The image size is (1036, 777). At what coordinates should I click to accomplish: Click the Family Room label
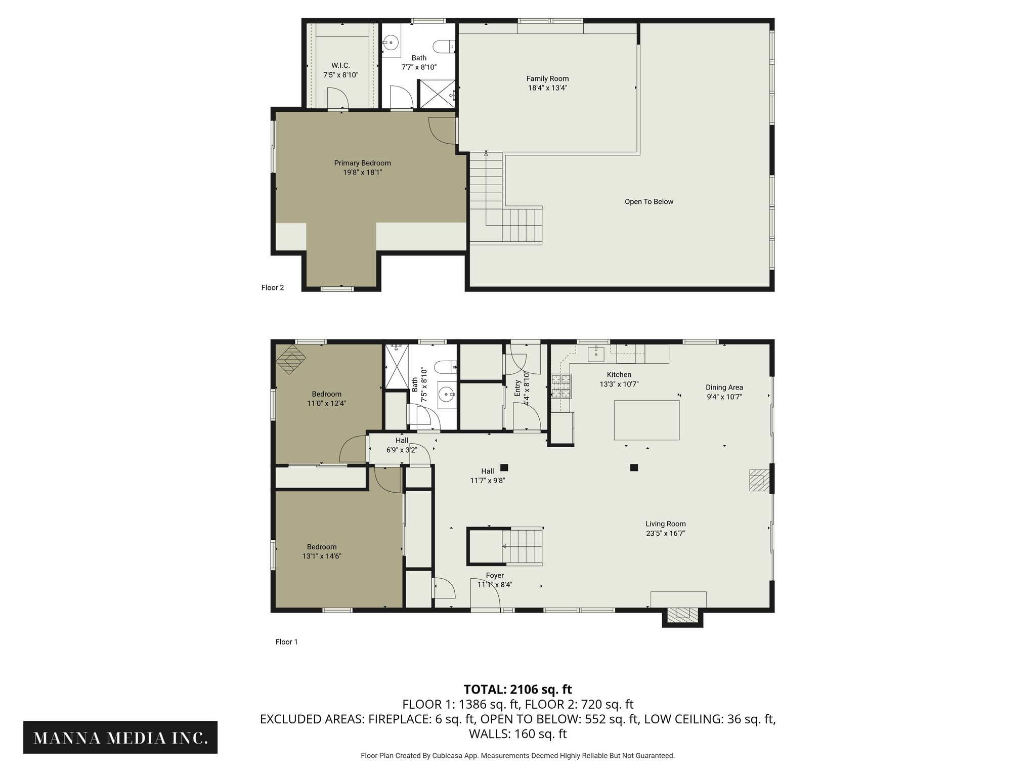point(547,78)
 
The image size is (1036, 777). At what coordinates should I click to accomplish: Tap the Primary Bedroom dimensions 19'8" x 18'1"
point(362,172)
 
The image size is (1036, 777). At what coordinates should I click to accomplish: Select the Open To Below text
point(649,202)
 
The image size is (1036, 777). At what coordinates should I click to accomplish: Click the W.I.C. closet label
point(340,66)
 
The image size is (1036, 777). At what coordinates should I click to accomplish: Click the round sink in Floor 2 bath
point(390,43)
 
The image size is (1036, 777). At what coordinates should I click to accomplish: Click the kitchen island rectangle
point(646,420)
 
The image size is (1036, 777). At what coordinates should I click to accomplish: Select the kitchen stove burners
point(561,385)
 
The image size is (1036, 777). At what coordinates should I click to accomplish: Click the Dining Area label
point(724,387)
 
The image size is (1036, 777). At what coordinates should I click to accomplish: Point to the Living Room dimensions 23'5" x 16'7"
point(665,533)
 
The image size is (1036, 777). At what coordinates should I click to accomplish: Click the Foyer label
point(495,576)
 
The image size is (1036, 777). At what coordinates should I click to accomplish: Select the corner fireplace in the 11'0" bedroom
point(290,359)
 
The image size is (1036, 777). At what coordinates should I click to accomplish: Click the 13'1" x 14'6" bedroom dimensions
point(322,556)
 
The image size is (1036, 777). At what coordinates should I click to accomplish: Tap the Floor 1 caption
point(286,642)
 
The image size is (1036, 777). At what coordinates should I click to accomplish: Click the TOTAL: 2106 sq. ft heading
point(517,689)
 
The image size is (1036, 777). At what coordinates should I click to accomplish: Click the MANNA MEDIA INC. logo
point(120,738)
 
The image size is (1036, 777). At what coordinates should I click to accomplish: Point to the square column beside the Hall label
point(504,467)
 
